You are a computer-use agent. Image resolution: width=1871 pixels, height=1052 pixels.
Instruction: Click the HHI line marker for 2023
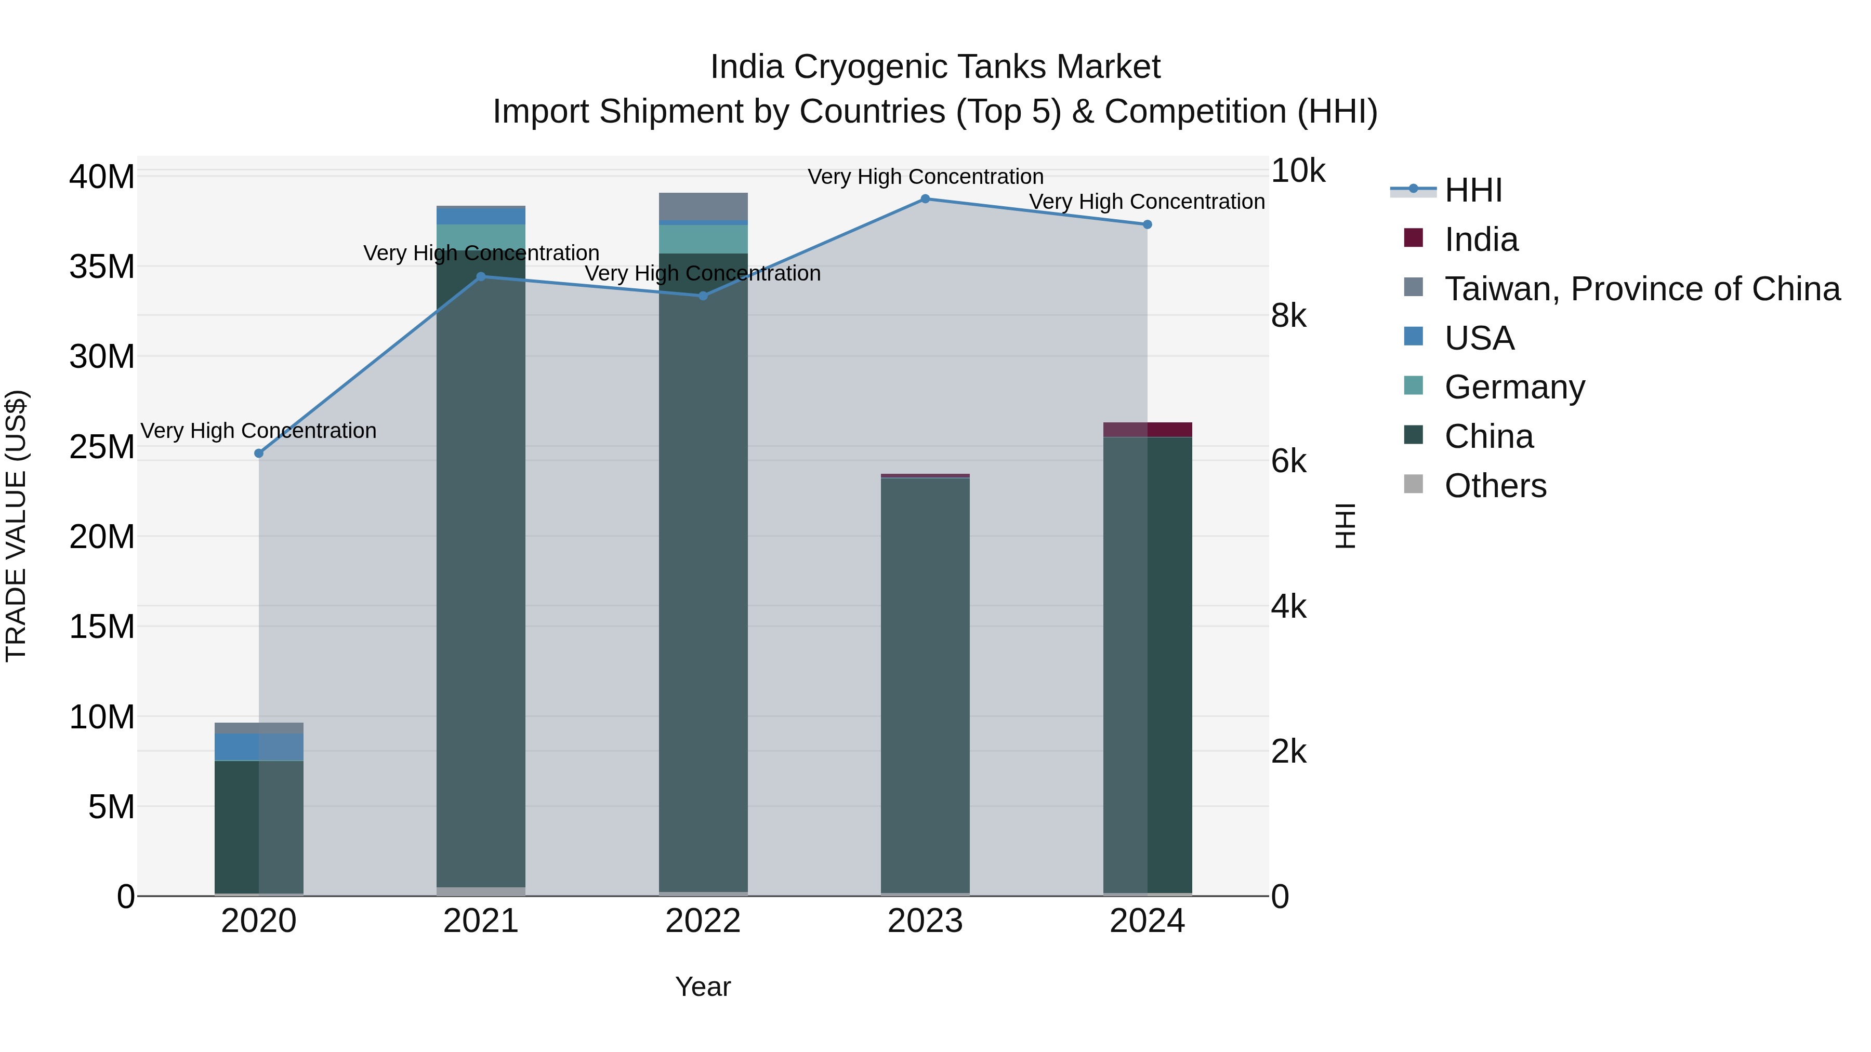coord(925,199)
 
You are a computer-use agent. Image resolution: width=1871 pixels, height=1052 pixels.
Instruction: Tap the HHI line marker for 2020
coord(259,453)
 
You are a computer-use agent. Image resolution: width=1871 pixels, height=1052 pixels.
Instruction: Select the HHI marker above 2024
coord(1147,225)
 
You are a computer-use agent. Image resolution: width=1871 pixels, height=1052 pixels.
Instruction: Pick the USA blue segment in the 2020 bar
coord(259,747)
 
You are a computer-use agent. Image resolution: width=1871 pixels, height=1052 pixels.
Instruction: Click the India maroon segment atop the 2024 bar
coord(1148,430)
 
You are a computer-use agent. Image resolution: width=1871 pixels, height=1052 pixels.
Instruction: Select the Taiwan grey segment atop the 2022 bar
coord(702,207)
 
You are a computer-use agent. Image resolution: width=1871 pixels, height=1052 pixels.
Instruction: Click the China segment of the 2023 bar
coord(925,683)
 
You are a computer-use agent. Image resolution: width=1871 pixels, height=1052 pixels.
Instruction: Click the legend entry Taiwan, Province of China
coord(1641,289)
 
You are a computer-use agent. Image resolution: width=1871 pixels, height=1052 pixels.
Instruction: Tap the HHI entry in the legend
coord(1472,190)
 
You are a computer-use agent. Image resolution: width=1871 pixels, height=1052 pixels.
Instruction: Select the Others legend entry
coord(1495,486)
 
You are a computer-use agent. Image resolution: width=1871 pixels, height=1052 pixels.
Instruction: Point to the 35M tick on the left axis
coord(102,267)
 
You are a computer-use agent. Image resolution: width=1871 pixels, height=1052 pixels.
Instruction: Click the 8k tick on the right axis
coord(1288,316)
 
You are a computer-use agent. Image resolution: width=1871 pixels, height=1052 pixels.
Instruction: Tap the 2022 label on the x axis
coord(702,921)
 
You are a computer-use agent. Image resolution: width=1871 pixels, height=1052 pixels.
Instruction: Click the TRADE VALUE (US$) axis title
coord(16,526)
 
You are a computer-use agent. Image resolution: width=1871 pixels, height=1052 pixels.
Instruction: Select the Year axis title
coord(702,987)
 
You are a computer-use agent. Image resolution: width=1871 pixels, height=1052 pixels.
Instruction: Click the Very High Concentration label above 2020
coord(259,431)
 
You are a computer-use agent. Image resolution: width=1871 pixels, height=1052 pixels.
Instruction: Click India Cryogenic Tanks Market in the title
coord(935,67)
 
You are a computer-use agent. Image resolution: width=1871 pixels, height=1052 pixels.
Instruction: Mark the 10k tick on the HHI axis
coord(1298,171)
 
